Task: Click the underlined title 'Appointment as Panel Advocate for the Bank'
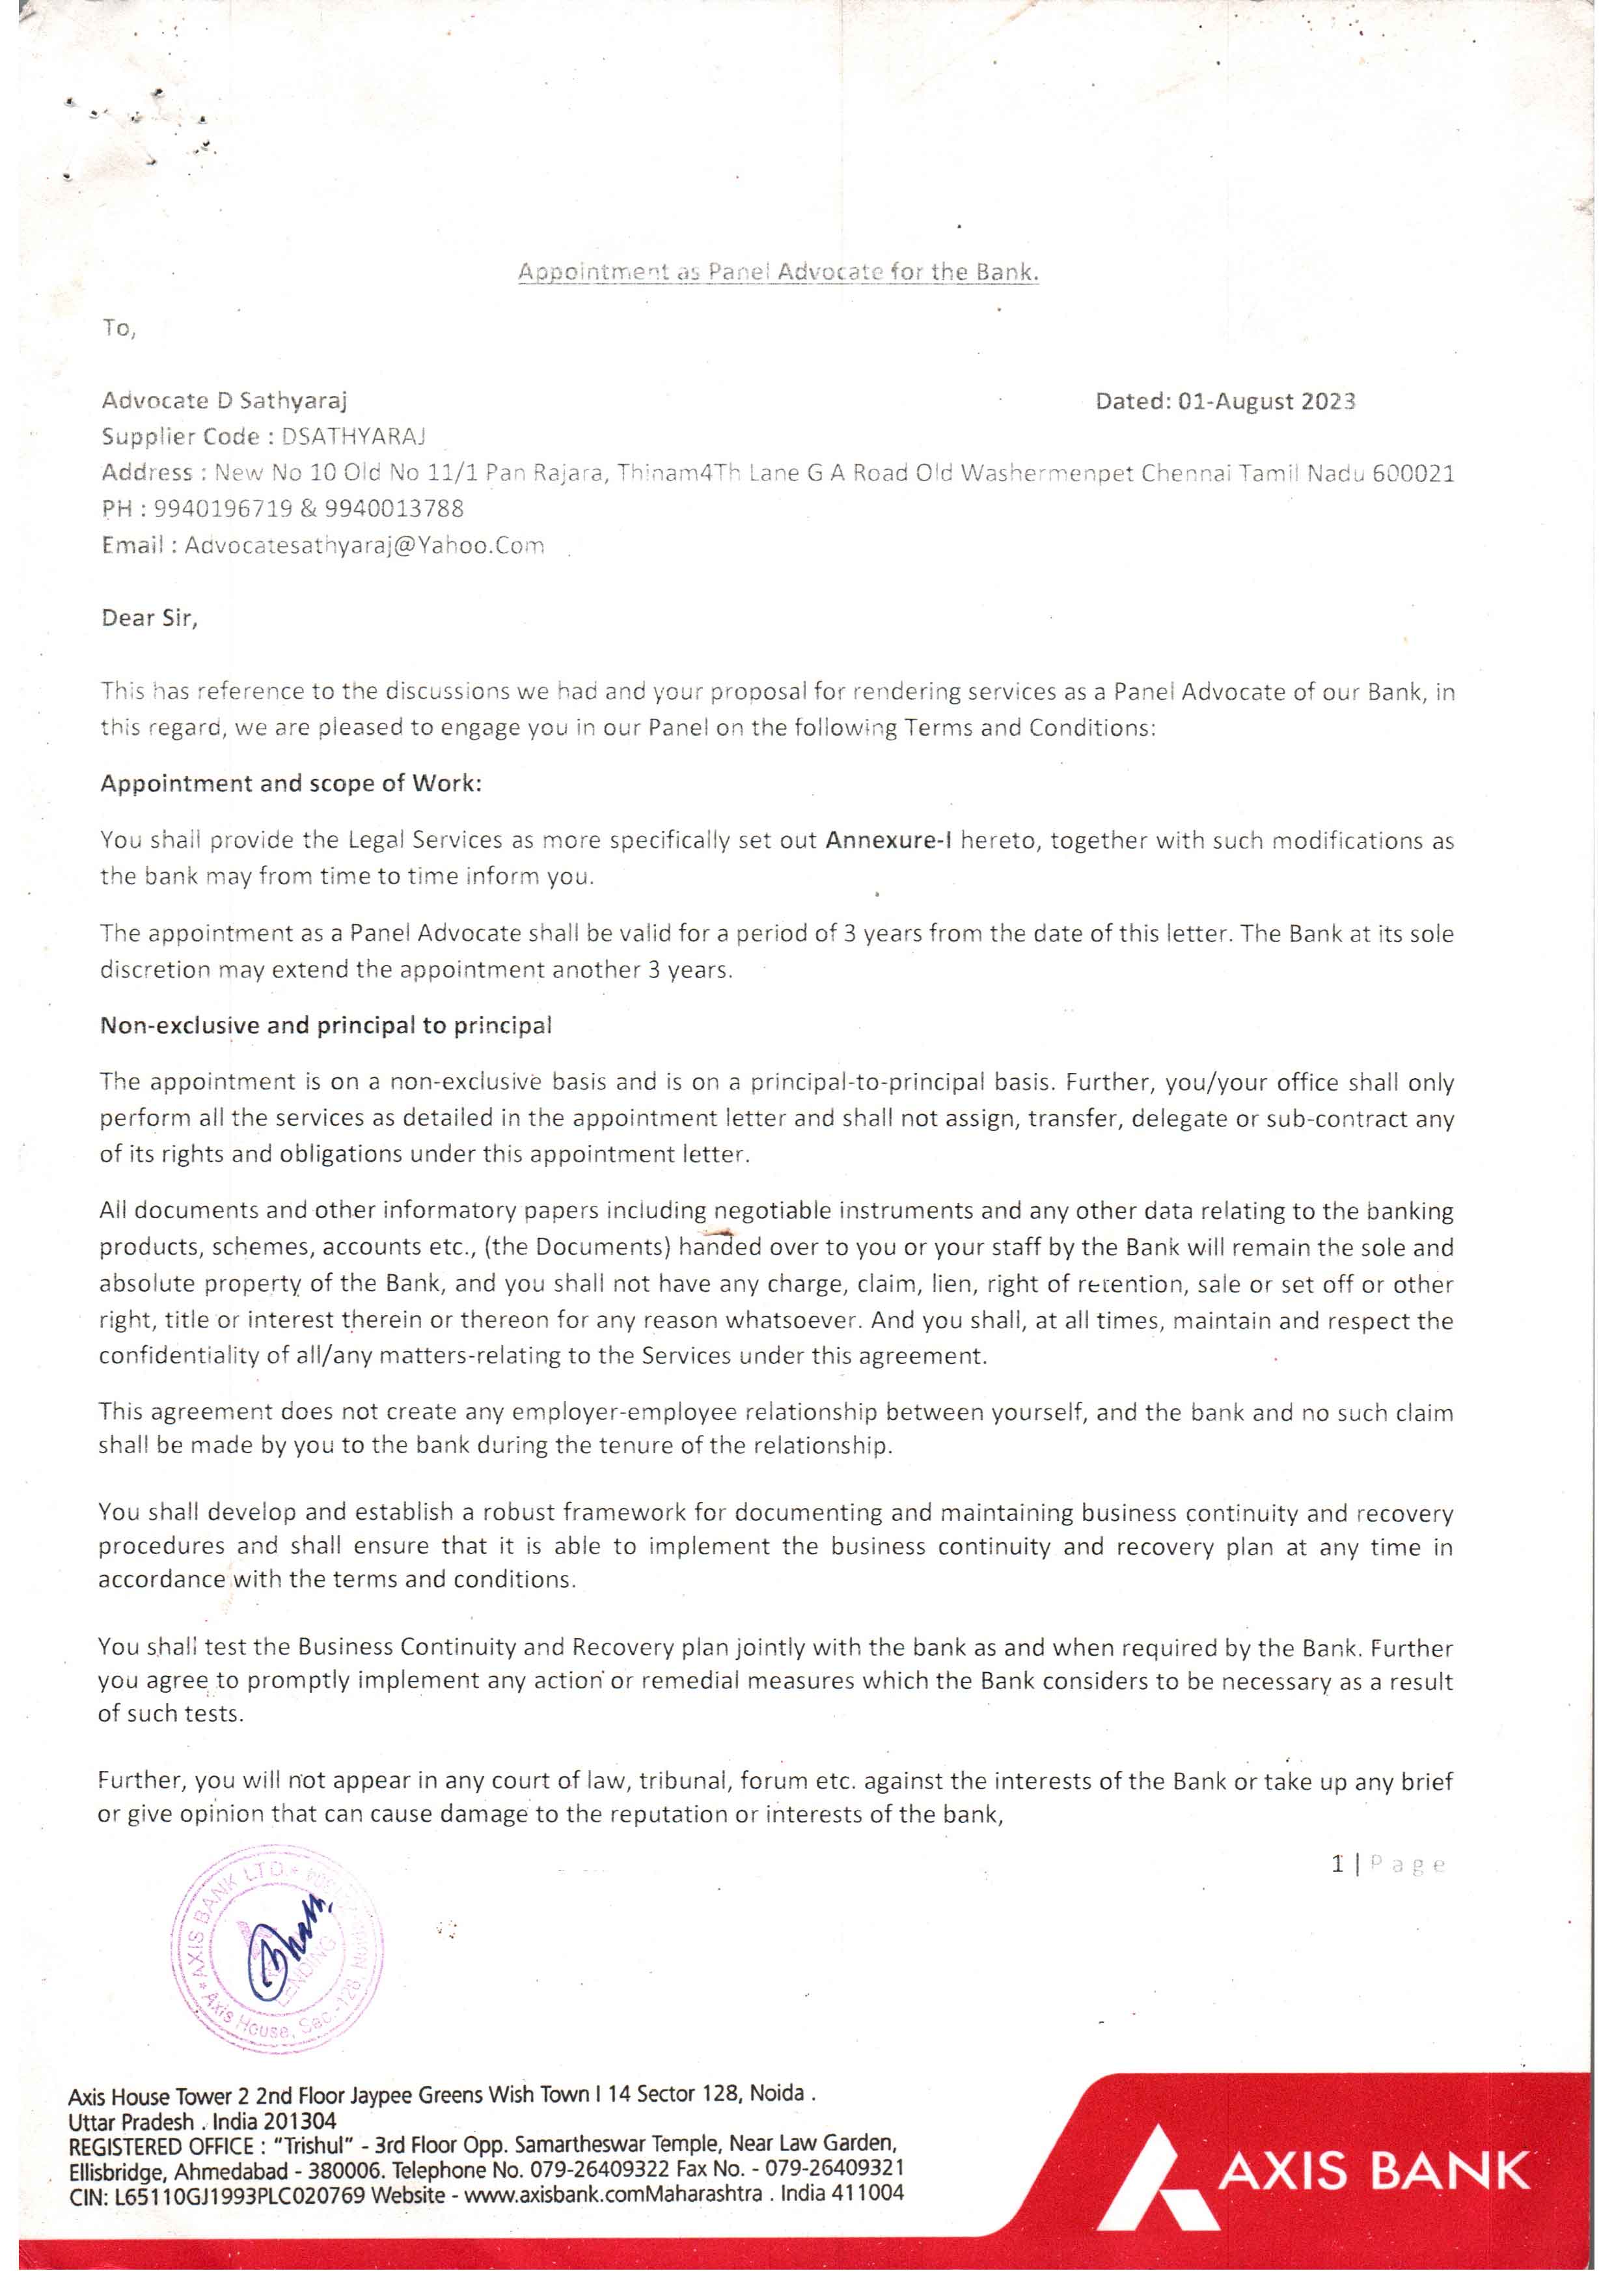coord(778,272)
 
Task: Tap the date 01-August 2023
coord(1266,401)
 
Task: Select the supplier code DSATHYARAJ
coord(354,437)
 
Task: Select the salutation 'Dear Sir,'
coord(149,618)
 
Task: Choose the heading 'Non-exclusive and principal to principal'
coord(325,1025)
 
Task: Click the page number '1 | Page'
coord(1388,1864)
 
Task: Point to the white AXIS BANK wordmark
coord(1373,2171)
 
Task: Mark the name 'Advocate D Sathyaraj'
coord(224,401)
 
